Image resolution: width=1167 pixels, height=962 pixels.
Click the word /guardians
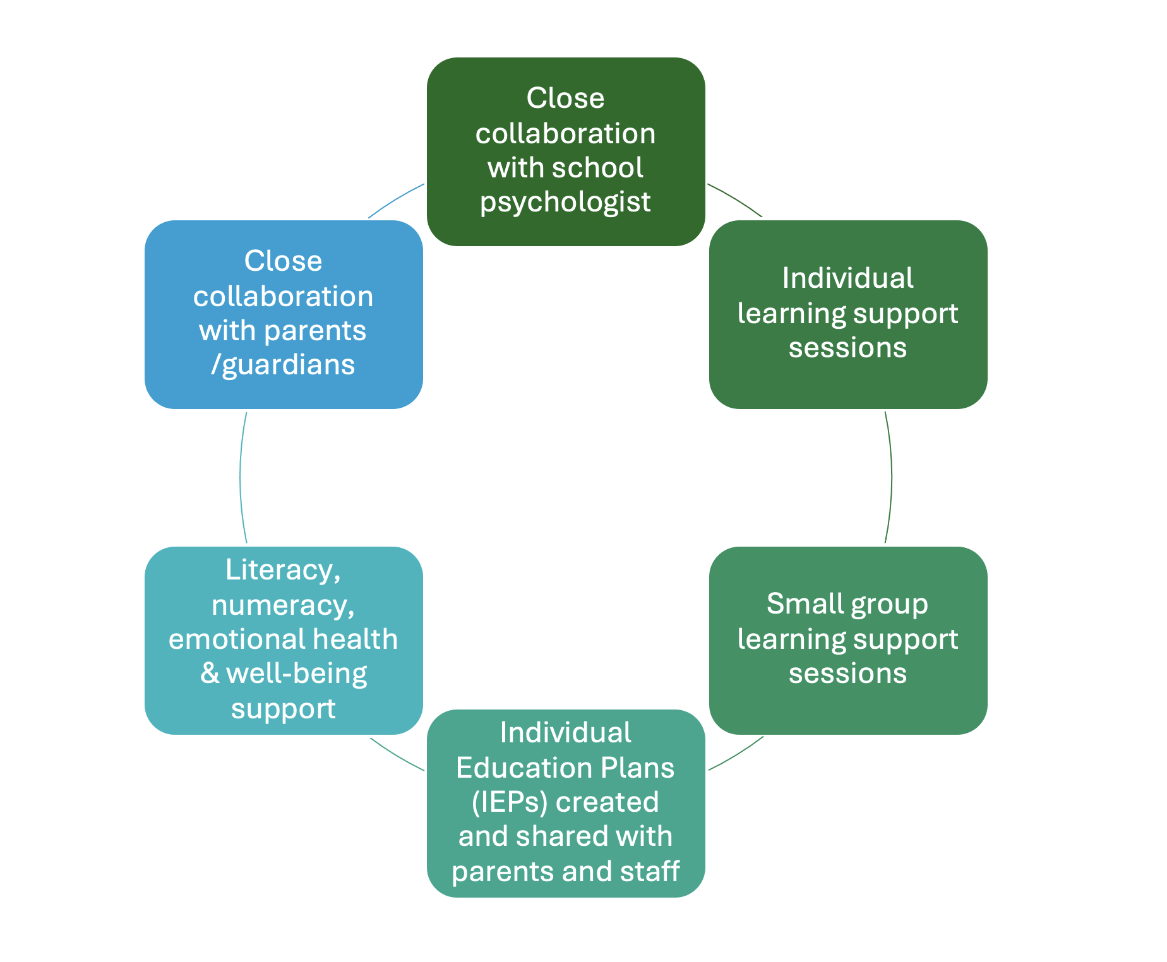click(x=284, y=365)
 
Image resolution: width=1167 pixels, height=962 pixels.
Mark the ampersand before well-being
click(x=210, y=674)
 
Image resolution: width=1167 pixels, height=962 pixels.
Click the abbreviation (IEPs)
click(x=509, y=802)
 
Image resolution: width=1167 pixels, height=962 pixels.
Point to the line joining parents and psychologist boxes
click(x=396, y=199)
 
